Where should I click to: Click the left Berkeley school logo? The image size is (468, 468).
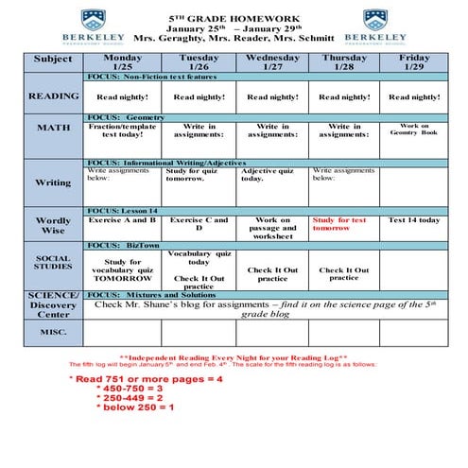coord(93,27)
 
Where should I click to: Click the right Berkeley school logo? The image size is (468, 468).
coord(375,27)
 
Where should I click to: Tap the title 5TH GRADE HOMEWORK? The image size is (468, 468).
coord(234,17)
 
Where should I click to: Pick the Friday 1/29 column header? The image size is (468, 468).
coord(413,61)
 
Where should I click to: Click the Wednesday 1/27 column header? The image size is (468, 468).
coord(271,61)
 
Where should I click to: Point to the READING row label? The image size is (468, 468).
coord(53,96)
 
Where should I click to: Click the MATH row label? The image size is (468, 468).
coord(53,128)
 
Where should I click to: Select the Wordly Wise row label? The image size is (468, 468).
coord(53,225)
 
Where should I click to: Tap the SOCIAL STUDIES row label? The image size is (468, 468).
coord(53,261)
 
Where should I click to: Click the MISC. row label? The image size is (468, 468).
coord(53,332)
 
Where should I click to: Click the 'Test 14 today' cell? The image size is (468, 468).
coord(413,220)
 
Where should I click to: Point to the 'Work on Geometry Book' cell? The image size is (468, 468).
coord(413,130)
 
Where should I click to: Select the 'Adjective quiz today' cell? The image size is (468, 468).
coord(271,174)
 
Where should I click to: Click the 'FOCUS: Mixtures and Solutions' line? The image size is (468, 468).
coord(151,295)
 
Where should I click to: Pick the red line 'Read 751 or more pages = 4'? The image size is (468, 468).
coord(146,379)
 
